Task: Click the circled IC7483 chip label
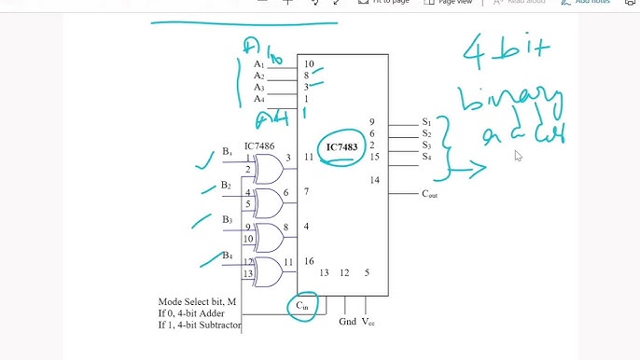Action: pyautogui.click(x=342, y=147)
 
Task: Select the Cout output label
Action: pyautogui.click(x=430, y=194)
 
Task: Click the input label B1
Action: pyautogui.click(x=227, y=152)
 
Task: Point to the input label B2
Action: pyautogui.click(x=226, y=186)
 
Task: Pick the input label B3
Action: pyautogui.click(x=226, y=220)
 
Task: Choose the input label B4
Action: pyautogui.click(x=227, y=255)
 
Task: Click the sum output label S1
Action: pyautogui.click(x=426, y=122)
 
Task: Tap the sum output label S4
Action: pyautogui.click(x=426, y=157)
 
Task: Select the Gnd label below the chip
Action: pyautogui.click(x=347, y=321)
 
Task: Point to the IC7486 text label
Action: pyautogui.click(x=258, y=146)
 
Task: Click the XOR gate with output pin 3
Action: pyautogui.click(x=268, y=169)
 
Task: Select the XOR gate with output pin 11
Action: pyautogui.click(x=268, y=272)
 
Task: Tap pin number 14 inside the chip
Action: pyautogui.click(x=374, y=179)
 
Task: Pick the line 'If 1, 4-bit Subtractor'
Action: pyautogui.click(x=201, y=325)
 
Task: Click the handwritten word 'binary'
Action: pyautogui.click(x=510, y=101)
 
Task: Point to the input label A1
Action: pyautogui.click(x=259, y=64)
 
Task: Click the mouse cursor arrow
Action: pyautogui.click(x=519, y=156)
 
